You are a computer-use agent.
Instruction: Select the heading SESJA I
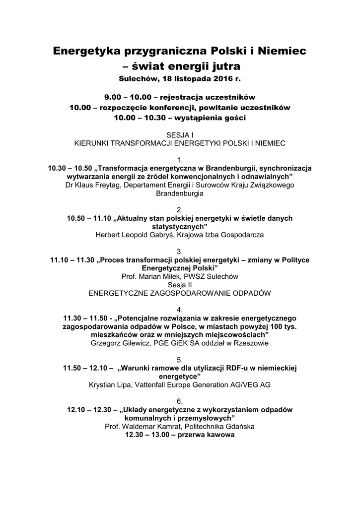click(179, 135)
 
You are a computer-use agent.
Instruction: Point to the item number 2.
click(180, 210)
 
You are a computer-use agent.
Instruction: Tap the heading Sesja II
click(180, 284)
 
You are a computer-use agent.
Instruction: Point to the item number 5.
click(180, 359)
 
